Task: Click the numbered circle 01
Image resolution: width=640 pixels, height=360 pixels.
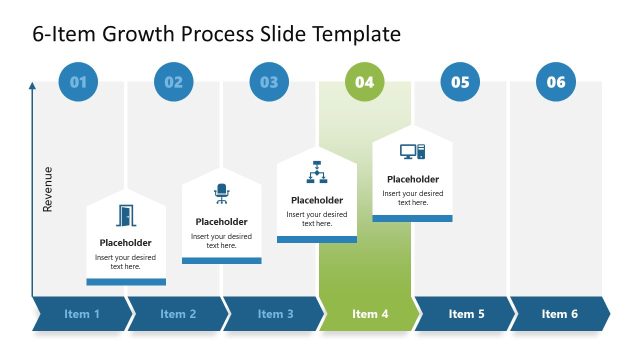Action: point(78,82)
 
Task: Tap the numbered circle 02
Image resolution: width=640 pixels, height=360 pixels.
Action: point(174,82)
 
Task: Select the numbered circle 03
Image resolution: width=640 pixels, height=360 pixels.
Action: point(269,82)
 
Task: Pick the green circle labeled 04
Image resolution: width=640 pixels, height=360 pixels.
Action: point(365,82)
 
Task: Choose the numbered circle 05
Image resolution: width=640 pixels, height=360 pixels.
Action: point(460,82)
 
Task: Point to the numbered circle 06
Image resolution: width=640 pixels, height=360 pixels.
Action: point(556,82)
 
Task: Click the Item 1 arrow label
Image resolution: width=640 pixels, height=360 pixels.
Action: point(82,314)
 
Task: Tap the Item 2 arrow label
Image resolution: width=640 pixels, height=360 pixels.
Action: point(177,314)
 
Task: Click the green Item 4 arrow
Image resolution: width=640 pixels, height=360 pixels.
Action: point(370,314)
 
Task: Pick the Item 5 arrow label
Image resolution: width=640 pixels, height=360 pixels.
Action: point(466,314)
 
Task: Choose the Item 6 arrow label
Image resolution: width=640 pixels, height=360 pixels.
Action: point(560,314)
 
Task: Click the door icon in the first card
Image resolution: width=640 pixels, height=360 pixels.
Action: point(126,216)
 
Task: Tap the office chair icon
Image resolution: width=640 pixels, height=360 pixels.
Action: point(221,194)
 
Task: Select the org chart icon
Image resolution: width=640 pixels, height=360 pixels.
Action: point(317,171)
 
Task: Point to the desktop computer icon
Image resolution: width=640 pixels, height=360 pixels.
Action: point(412,152)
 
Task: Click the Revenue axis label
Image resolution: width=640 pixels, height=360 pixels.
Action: point(47,188)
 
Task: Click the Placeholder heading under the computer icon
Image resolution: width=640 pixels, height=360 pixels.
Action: point(412,180)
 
